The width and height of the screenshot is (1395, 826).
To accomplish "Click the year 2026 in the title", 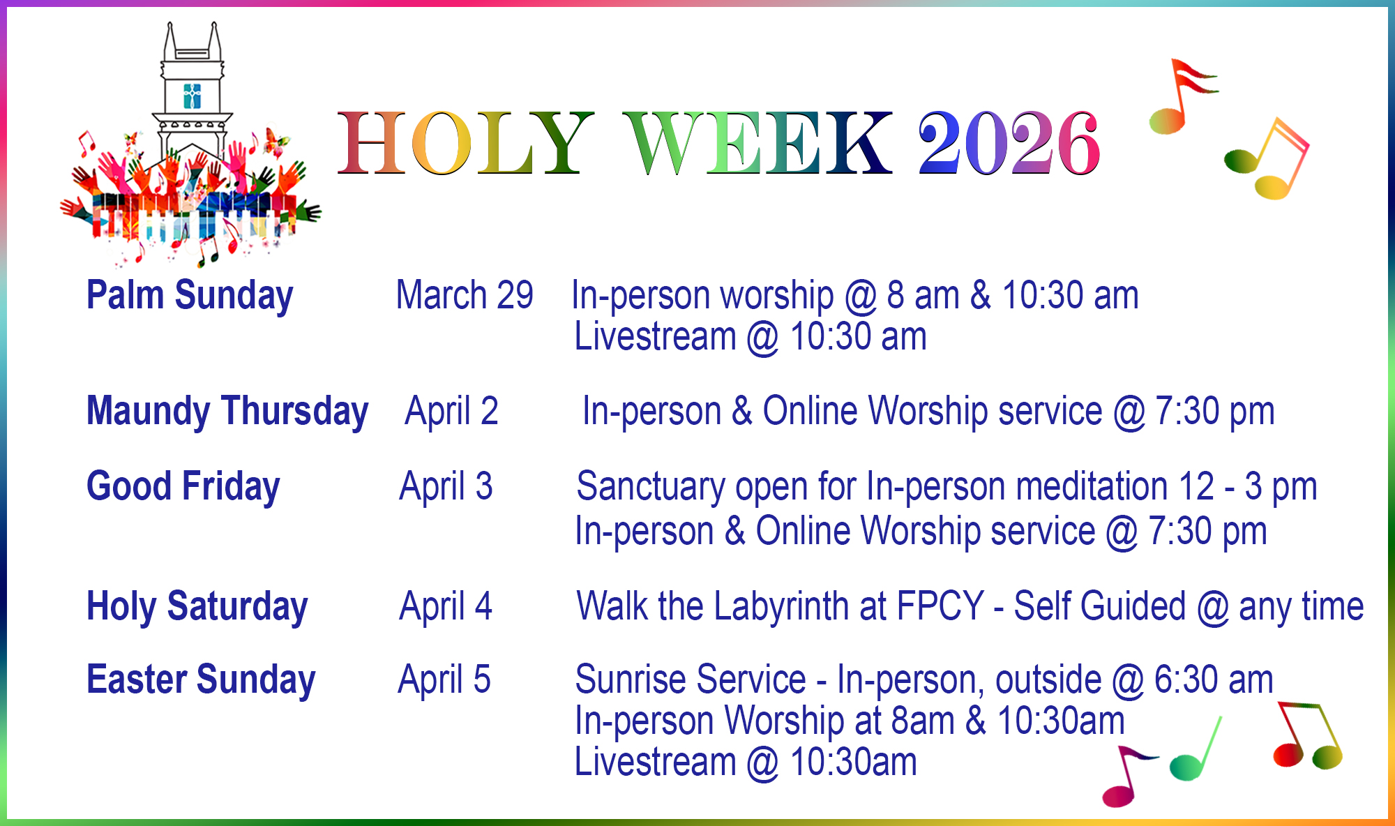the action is pyautogui.click(x=1009, y=143).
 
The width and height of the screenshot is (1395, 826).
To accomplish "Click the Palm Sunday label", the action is pyautogui.click(x=190, y=296).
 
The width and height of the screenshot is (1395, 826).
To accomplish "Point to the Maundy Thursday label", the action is pyautogui.click(x=227, y=412).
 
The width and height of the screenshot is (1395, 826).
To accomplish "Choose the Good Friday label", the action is pyautogui.click(x=183, y=487).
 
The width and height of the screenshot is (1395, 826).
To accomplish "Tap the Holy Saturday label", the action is pyautogui.click(x=197, y=607).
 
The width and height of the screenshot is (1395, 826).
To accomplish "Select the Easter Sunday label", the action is pyautogui.click(x=201, y=680).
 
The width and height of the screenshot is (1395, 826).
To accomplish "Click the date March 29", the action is pyautogui.click(x=465, y=295).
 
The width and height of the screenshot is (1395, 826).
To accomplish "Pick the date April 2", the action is pyautogui.click(x=451, y=412).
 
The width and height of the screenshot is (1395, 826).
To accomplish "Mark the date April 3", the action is pyautogui.click(x=446, y=487).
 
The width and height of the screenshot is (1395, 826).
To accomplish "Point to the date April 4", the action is pyautogui.click(x=446, y=607).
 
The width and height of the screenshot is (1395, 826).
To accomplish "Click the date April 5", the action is pyautogui.click(x=444, y=680).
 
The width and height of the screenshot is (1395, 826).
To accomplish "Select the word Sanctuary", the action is pyautogui.click(x=651, y=487).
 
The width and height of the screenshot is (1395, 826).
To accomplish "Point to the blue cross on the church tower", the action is pyautogui.click(x=192, y=96).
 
